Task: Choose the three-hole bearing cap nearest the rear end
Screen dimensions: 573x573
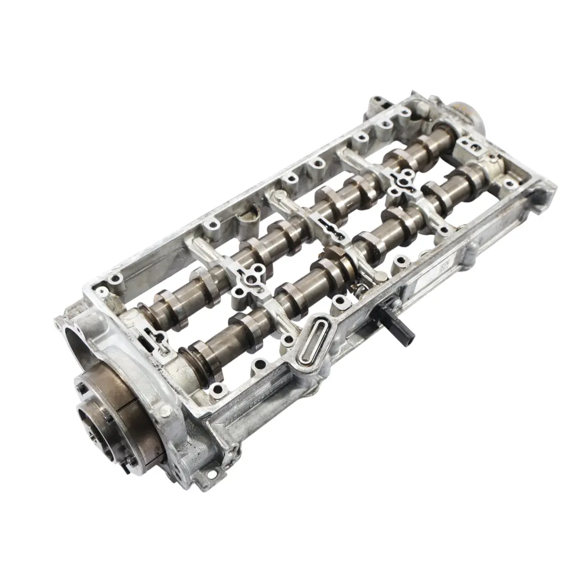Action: [x=403, y=180]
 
